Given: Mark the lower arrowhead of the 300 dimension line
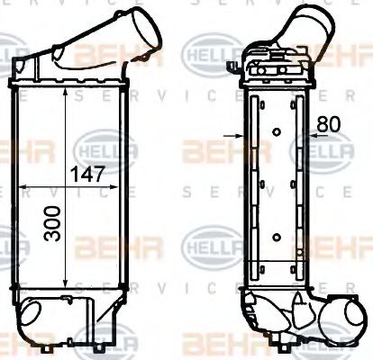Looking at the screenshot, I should tap(66, 285).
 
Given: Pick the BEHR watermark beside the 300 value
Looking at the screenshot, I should tap(104, 243).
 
